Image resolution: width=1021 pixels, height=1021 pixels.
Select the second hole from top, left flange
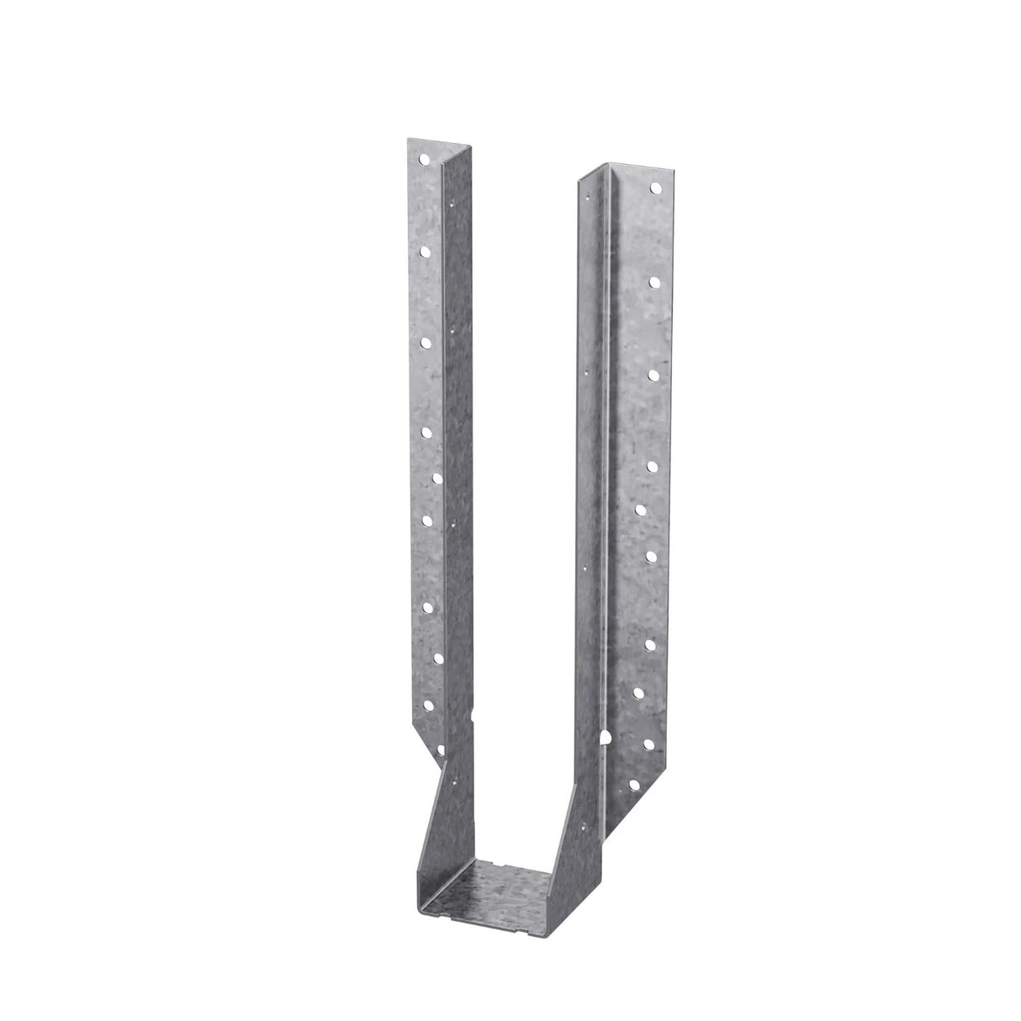pyautogui.click(x=426, y=250)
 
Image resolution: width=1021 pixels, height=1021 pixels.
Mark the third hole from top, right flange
pyautogui.click(x=653, y=370)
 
